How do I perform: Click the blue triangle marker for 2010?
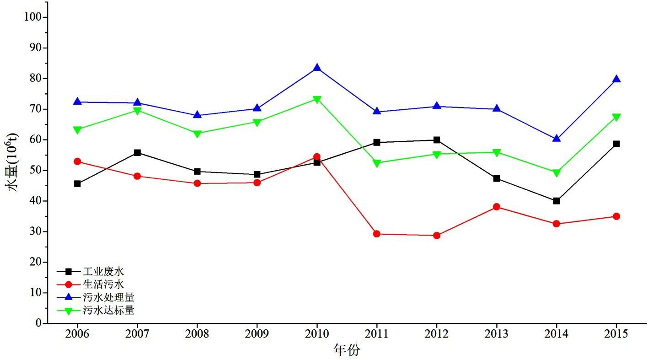coord(317,68)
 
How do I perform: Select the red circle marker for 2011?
coord(377,234)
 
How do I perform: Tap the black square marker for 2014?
coord(557,201)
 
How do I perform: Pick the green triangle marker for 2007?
coord(137,111)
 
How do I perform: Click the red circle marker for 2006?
coord(77,161)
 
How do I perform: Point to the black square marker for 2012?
coord(437,140)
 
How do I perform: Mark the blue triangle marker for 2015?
coord(616,79)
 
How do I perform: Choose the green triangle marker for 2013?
coord(497,153)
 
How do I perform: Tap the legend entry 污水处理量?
coord(109,297)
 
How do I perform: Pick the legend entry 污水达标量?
coord(109,311)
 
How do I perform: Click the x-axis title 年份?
coord(347,350)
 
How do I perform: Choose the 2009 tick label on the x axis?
coord(257,334)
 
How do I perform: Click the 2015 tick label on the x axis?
coord(616,334)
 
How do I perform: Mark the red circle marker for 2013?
coord(497,207)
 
